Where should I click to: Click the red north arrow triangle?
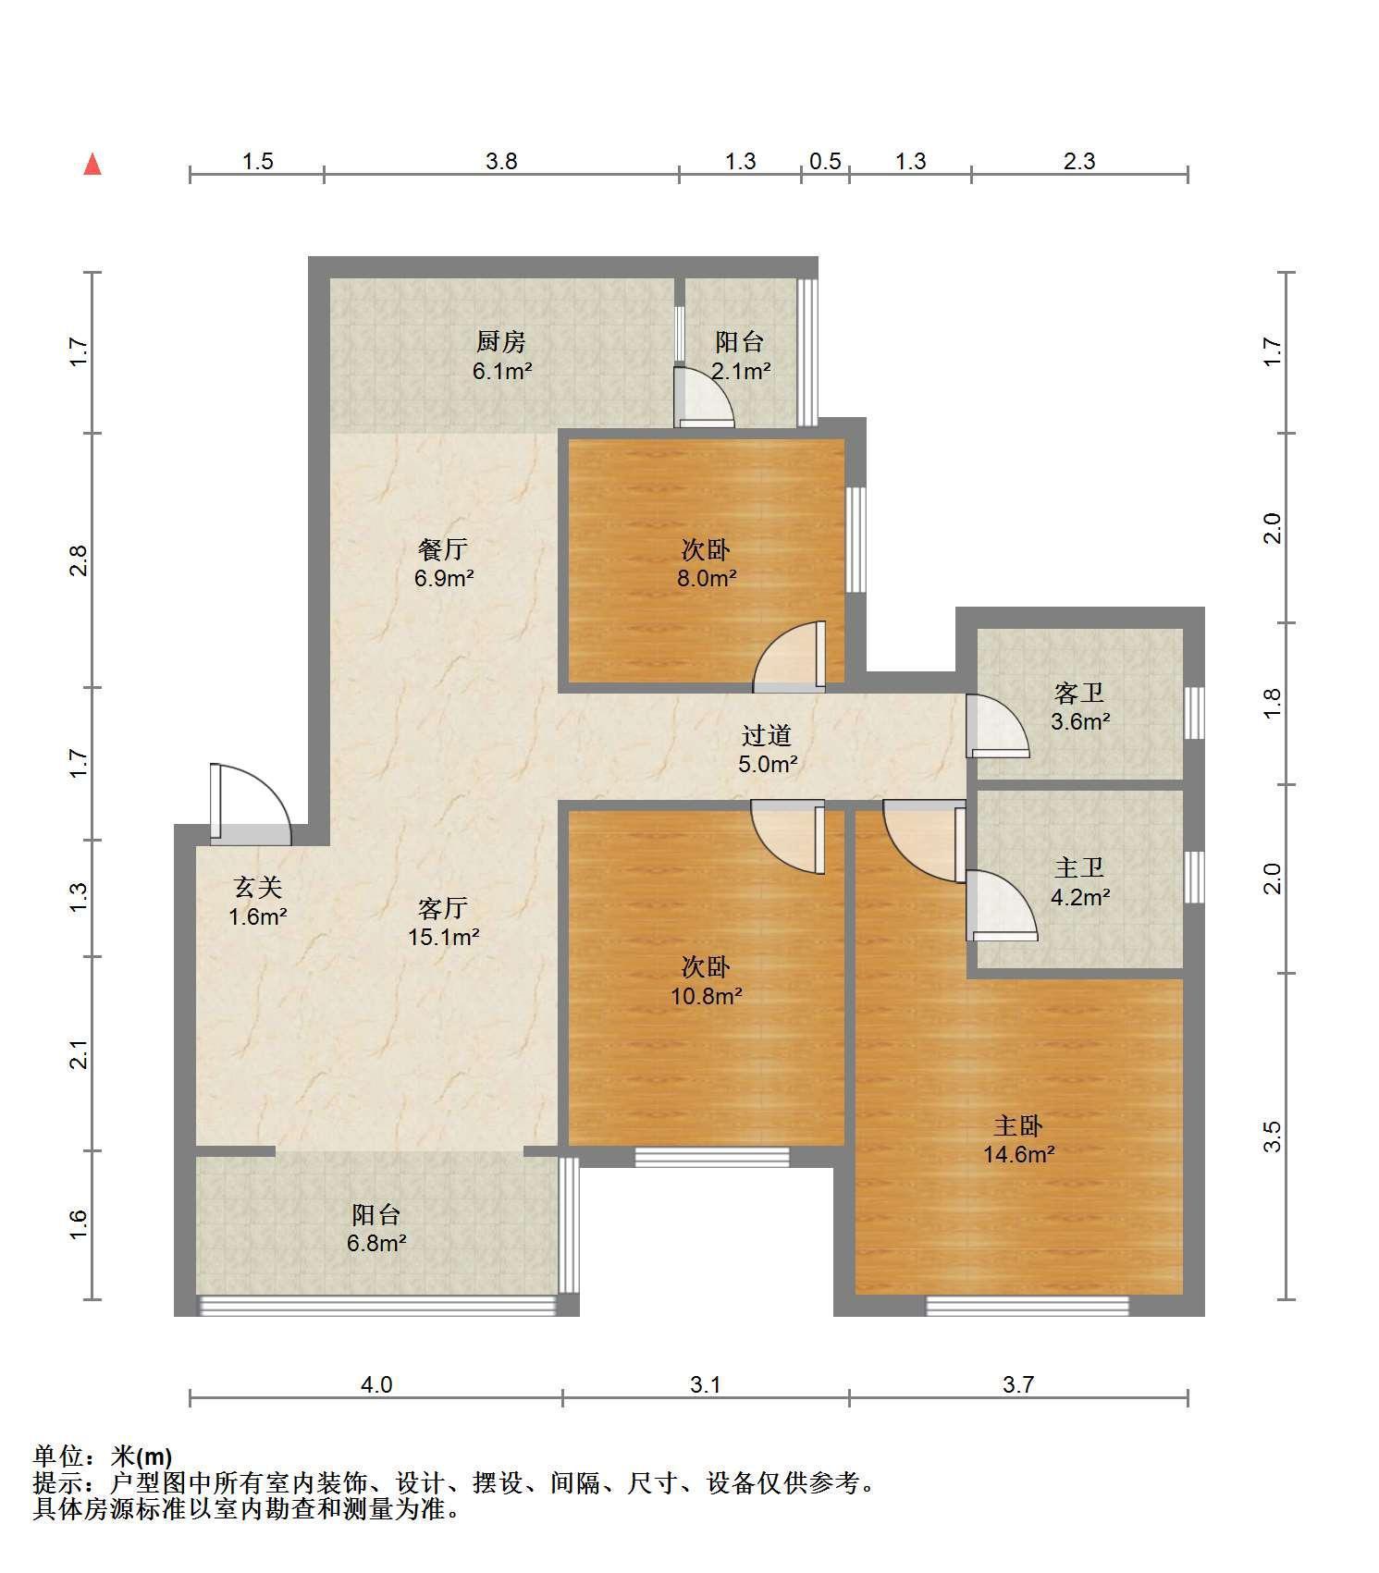(92, 165)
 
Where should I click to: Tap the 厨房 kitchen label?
(501, 342)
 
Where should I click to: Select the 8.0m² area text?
(706, 579)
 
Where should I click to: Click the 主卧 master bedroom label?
(1018, 1125)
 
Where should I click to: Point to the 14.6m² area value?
(1018, 1154)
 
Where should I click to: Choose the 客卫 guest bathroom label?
(1079, 693)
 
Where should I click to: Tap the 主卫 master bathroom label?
(1079, 867)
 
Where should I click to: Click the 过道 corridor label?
(767, 736)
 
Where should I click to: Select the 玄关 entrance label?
(257, 888)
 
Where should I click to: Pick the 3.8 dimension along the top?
(501, 161)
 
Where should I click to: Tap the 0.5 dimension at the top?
(825, 161)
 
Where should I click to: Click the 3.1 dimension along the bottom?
(705, 1384)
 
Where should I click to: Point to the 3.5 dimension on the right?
(1273, 1136)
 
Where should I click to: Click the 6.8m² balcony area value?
(376, 1243)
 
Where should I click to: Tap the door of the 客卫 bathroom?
(997, 726)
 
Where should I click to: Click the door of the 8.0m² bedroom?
(789, 657)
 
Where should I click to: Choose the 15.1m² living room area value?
(444, 937)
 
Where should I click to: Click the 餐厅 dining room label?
(443, 549)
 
